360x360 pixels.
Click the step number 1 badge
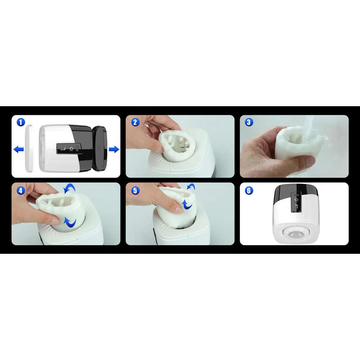coord(21,122)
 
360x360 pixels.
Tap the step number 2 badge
coord(135,122)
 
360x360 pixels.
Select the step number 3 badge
coord(249,122)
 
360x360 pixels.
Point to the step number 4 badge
coord(21,190)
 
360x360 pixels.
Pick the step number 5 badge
coord(135,190)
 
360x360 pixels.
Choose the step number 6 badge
coord(249,190)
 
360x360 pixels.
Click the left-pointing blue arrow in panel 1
coord(19,149)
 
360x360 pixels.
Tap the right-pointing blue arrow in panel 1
coord(114,149)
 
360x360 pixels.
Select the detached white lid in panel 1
coord(29,148)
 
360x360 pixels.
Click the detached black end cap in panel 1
coord(100,148)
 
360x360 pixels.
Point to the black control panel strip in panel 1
coord(68,149)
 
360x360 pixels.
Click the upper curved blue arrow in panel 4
coord(69,189)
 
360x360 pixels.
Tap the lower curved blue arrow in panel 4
coord(71,222)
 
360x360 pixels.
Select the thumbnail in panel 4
coord(55,221)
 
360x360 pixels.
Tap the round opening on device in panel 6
coord(295,234)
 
